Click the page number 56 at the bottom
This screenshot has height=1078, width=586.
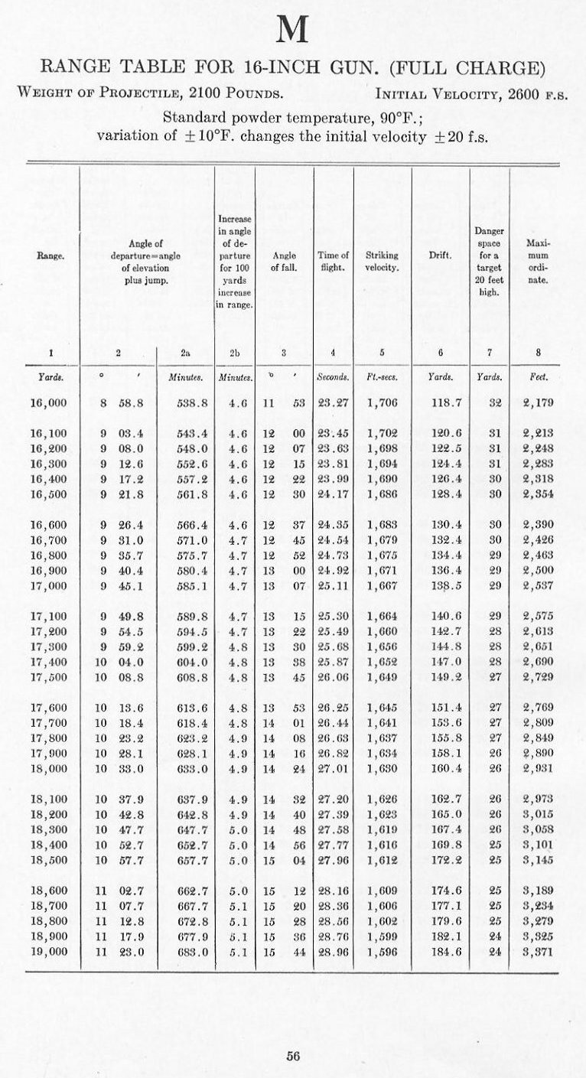pos(292,1056)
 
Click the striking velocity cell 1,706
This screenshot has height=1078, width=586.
pos(382,402)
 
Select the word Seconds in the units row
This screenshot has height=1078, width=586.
pos(334,376)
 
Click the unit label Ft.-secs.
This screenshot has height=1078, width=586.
pos(382,376)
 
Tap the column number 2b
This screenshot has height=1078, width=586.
pos(235,353)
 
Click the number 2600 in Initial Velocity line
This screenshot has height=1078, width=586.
pos(518,95)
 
